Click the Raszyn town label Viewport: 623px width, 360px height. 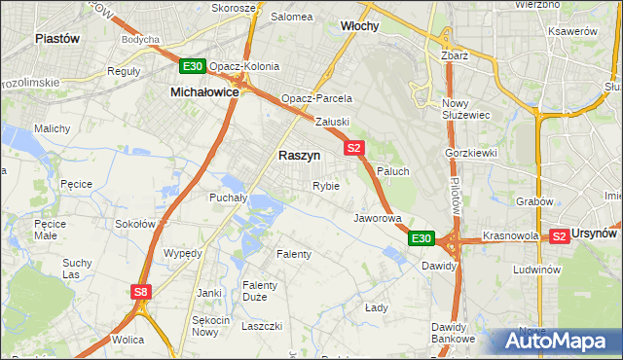click(x=299, y=155)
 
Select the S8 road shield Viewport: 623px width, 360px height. click(x=142, y=291)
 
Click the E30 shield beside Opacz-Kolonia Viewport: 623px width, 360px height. click(x=192, y=66)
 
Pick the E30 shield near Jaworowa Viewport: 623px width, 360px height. click(x=421, y=237)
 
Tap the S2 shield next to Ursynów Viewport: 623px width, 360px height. click(x=560, y=235)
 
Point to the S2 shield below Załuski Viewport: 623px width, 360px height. click(x=353, y=148)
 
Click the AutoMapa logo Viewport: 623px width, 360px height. click(x=554, y=342)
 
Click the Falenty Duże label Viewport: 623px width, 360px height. click(x=261, y=291)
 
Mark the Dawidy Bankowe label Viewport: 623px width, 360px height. click(x=455, y=333)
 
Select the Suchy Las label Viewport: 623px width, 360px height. click(x=77, y=268)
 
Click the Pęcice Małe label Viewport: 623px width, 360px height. click(x=50, y=229)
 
